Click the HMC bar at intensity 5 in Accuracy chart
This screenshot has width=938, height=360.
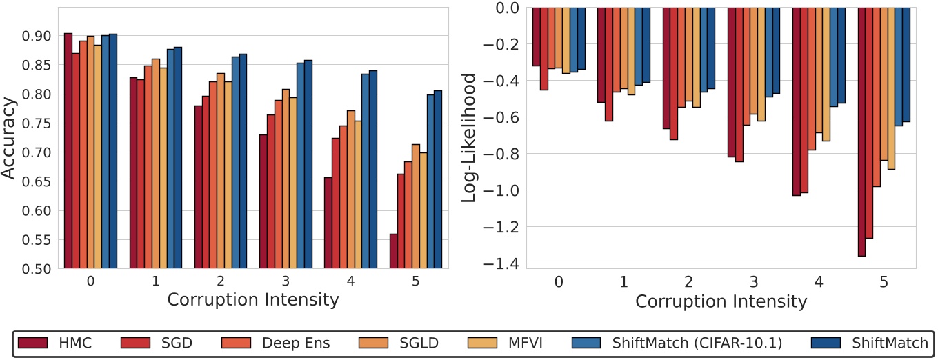coord(393,251)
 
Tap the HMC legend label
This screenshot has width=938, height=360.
coord(76,343)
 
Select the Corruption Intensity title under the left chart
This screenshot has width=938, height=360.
coord(253,300)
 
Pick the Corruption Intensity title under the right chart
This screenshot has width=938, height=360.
coord(721,301)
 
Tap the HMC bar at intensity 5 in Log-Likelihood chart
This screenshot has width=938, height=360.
coord(861,131)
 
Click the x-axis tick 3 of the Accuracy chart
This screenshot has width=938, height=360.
coord(286,281)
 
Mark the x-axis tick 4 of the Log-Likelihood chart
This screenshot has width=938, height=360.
coord(819,282)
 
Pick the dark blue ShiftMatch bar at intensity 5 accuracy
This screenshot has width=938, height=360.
coord(438,179)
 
